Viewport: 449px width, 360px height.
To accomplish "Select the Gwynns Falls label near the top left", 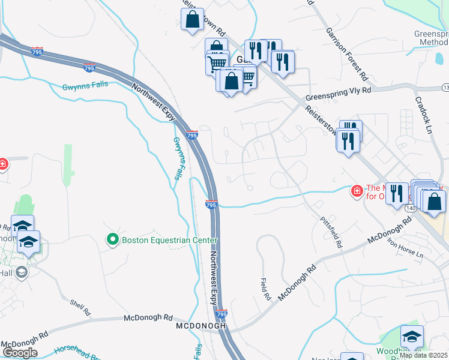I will click(x=85, y=86).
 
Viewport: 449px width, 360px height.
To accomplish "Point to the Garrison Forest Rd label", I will click(x=346, y=54).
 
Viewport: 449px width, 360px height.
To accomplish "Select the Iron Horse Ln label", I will click(x=405, y=248).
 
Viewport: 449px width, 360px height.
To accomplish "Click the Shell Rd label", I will click(x=79, y=308).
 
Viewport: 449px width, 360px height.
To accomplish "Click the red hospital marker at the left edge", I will click(x=3, y=164).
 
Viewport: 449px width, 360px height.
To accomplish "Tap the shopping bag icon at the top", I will click(x=192, y=20).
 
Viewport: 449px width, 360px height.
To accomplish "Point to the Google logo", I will click(x=20, y=353).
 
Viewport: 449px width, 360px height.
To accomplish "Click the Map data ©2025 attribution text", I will click(x=423, y=355).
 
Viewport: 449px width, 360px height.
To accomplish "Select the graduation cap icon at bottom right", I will click(x=412, y=336).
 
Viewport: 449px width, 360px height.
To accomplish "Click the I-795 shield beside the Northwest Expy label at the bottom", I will click(x=221, y=314).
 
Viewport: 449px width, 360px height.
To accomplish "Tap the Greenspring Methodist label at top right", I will click(x=432, y=38).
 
